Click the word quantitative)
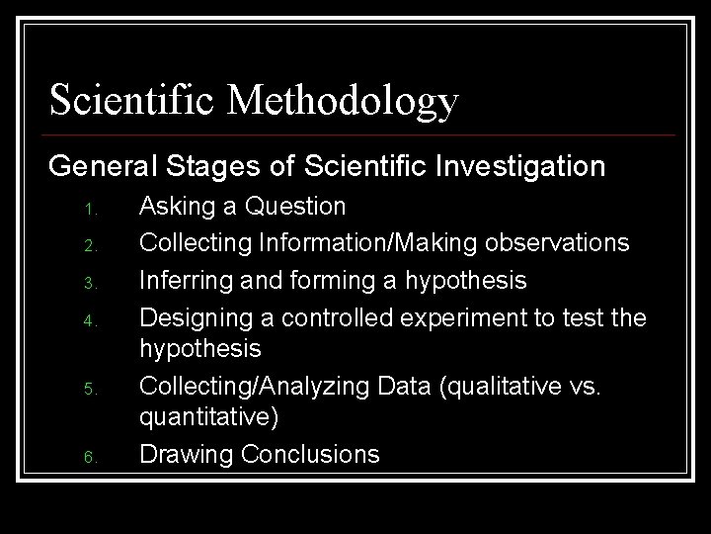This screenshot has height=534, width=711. (209, 418)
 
